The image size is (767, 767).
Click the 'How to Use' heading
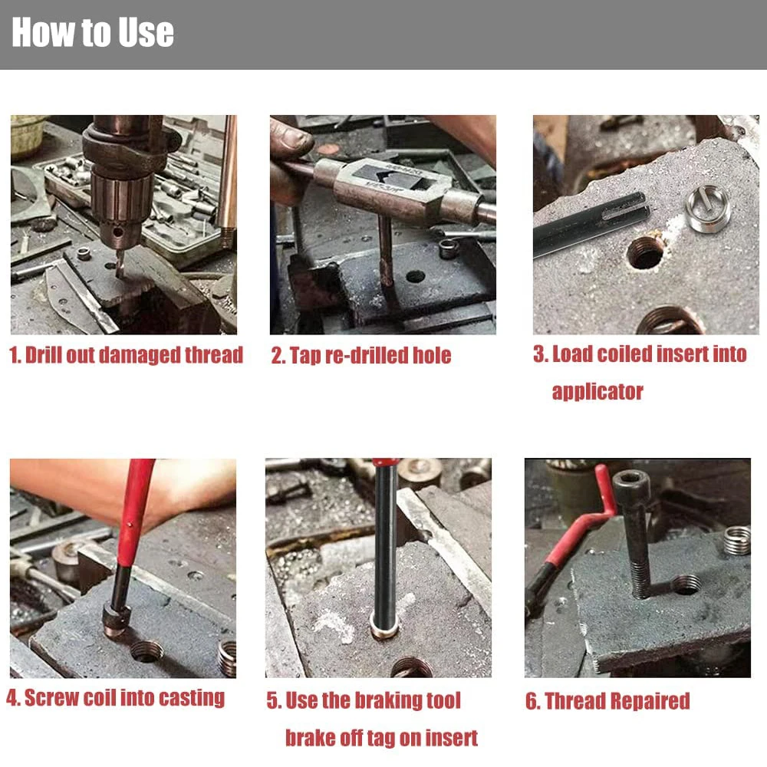click(x=93, y=32)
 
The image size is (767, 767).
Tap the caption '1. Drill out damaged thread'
click(x=127, y=355)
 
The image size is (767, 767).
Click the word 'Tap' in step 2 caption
click(x=304, y=356)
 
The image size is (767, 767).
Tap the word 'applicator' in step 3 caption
click(x=597, y=392)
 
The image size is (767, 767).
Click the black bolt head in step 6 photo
click(x=631, y=485)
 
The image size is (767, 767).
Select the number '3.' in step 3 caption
click(x=540, y=354)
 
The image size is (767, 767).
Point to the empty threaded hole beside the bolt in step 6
click(x=686, y=585)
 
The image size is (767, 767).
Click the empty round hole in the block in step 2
click(x=415, y=277)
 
